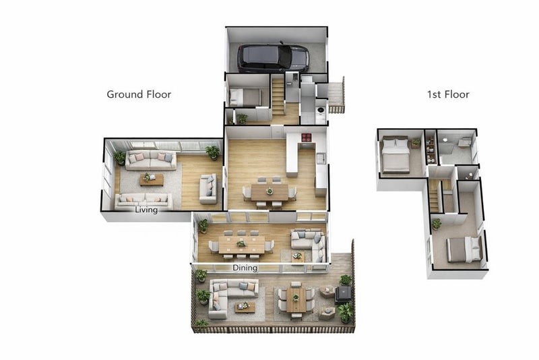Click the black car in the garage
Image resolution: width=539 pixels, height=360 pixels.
click(x=274, y=57)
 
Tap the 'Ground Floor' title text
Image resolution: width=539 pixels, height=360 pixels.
click(x=139, y=94)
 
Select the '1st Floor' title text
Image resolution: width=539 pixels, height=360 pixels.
click(x=448, y=94)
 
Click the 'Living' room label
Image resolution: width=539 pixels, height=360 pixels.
click(x=146, y=210)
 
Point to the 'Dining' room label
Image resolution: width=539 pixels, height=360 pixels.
click(x=245, y=268)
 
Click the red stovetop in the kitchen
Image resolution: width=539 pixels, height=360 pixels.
click(x=307, y=138)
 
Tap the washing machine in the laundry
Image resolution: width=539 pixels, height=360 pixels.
click(x=321, y=110)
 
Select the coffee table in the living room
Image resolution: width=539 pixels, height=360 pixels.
click(x=152, y=179)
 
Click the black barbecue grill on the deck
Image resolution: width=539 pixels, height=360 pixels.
click(x=344, y=295)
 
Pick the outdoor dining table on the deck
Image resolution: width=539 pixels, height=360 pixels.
click(x=296, y=299)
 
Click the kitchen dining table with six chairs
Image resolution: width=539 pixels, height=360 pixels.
click(x=269, y=192)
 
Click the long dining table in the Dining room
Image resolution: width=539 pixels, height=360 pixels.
click(x=242, y=245)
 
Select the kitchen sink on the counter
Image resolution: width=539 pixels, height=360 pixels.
click(x=321, y=158)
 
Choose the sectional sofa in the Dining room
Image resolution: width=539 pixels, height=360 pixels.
click(x=309, y=244)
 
